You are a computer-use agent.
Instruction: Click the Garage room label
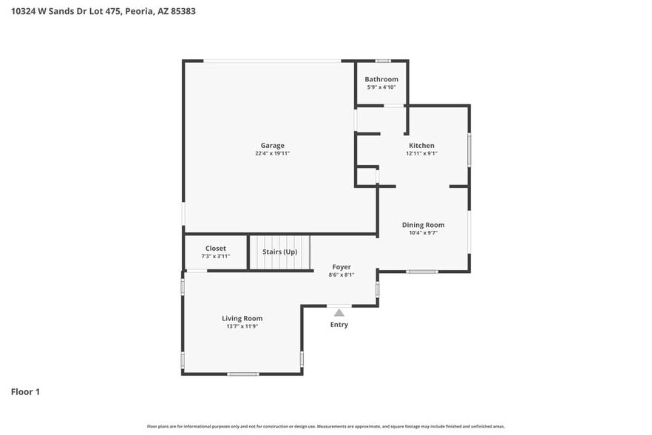[272, 146]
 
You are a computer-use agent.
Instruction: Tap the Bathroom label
[381, 79]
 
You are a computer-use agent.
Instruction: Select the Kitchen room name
[421, 146]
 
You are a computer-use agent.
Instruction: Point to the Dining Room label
[423, 225]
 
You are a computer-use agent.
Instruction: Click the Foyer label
[341, 267]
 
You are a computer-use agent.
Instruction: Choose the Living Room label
[242, 318]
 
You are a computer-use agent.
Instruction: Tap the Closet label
[216, 249]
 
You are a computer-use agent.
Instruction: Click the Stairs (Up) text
[280, 252]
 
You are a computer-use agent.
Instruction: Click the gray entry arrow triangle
[339, 313]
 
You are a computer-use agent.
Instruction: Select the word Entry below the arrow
[339, 325]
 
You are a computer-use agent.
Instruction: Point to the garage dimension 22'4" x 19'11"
[272, 154]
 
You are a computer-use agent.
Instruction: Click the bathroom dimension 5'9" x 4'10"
[381, 87]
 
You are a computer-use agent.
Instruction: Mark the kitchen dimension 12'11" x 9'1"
[421, 154]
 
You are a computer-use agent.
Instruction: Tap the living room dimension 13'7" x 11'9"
[242, 326]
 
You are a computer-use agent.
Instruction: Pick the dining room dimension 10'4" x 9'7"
[423, 233]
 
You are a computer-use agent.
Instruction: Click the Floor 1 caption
[25, 391]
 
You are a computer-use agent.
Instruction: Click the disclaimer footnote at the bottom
[325, 426]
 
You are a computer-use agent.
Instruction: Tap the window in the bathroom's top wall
[382, 61]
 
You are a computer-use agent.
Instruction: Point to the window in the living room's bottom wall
[242, 374]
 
